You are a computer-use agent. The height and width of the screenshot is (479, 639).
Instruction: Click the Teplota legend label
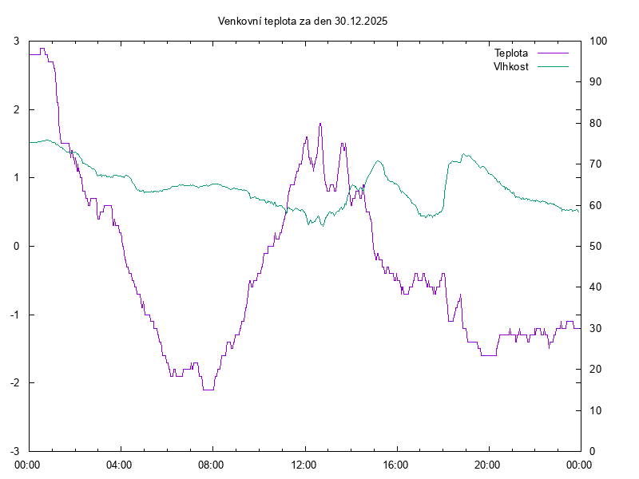[511, 53]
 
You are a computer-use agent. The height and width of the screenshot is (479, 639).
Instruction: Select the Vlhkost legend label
[511, 66]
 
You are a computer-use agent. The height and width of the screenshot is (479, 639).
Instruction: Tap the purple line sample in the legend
[552, 53]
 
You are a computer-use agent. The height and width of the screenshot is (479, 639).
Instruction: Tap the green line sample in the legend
[552, 66]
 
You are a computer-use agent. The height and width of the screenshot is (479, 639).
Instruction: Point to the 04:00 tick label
[120, 463]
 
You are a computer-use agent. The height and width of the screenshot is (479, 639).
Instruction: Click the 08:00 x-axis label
[212, 463]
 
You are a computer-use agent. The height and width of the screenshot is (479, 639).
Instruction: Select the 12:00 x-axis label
[304, 463]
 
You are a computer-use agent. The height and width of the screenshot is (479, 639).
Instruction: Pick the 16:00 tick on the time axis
[396, 463]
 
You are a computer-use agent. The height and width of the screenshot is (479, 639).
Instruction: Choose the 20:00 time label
[488, 463]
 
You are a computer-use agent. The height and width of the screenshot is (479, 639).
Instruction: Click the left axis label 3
[17, 41]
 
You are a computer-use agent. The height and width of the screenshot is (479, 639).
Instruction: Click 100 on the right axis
[597, 41]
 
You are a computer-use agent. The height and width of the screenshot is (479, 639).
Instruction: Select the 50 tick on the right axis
[595, 246]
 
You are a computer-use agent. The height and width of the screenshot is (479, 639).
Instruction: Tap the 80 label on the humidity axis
[595, 123]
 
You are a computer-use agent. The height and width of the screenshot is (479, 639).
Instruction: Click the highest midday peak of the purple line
[320, 124]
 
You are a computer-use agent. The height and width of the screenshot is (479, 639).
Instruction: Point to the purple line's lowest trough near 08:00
[208, 390]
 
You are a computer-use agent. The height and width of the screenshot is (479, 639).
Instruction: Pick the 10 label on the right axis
[595, 410]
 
